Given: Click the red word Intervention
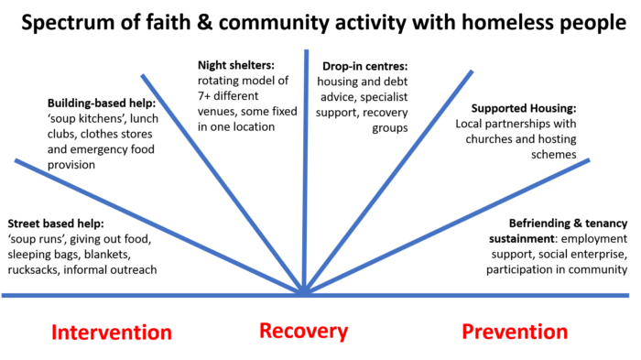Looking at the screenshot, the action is pyautogui.click(x=111, y=333).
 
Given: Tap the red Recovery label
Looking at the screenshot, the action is pyautogui.click(x=304, y=332).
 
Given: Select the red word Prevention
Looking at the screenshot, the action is pyautogui.click(x=515, y=332).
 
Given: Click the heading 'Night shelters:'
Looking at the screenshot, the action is pyautogui.click(x=236, y=65).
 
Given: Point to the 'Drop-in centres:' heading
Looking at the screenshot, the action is pyautogui.click(x=365, y=66).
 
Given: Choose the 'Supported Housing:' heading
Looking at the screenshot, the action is pyautogui.click(x=524, y=108).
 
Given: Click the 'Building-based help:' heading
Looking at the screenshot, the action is pyautogui.click(x=102, y=104).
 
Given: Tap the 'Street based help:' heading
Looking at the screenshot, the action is pyautogui.click(x=56, y=224).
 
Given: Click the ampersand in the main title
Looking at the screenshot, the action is pyautogui.click(x=204, y=22).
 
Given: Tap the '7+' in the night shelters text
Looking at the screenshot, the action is pyautogui.click(x=204, y=96).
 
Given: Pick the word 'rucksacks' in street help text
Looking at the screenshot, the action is pyautogui.click(x=33, y=270).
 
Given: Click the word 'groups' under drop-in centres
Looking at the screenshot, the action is pyautogui.click(x=390, y=128).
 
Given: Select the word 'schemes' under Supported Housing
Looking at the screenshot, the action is pyautogui.click(x=554, y=155).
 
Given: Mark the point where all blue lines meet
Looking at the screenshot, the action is pyautogui.click(x=304, y=294).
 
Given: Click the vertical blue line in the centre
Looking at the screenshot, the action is pyautogui.click(x=305, y=172).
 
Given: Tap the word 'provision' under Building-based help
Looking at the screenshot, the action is pyautogui.click(x=71, y=165).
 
